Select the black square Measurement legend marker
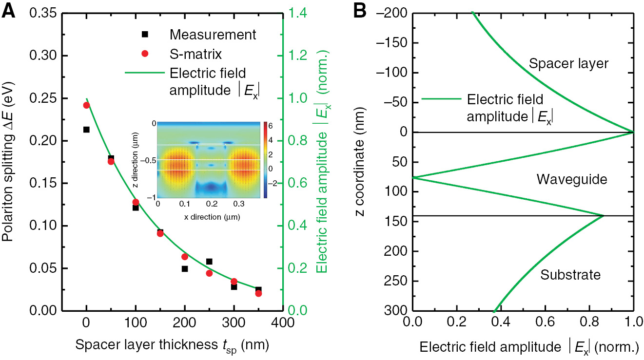(x=144, y=35)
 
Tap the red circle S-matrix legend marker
(x=144, y=53)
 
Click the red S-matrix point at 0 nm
(x=86, y=105)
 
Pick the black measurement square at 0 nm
(x=86, y=130)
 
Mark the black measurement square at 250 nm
(x=209, y=262)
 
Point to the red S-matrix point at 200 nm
(x=185, y=257)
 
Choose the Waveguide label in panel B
(x=571, y=179)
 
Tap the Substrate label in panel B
(x=570, y=275)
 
